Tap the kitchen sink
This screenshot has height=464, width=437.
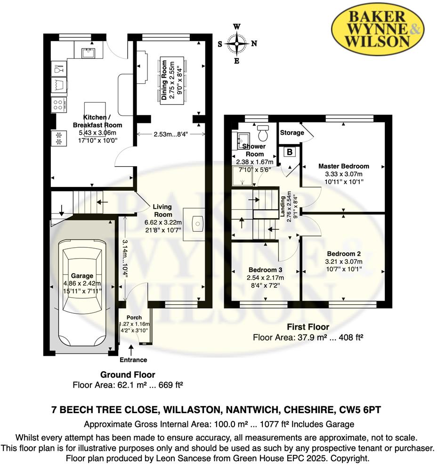click(x=88, y=53)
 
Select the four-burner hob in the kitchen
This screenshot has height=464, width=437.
click(x=58, y=105)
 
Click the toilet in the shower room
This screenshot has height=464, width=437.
click(x=263, y=132)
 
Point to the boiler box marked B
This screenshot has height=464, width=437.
click(x=290, y=152)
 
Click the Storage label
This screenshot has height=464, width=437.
click(x=292, y=132)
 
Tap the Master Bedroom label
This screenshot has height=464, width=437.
click(x=343, y=166)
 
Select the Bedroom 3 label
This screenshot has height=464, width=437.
click(x=265, y=270)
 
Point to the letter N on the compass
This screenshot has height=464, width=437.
click(x=254, y=43)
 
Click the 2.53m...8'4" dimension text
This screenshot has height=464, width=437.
click(x=171, y=134)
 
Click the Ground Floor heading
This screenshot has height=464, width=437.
click(x=128, y=374)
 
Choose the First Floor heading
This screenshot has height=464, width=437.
click(x=308, y=327)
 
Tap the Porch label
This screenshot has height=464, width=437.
click(x=134, y=317)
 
